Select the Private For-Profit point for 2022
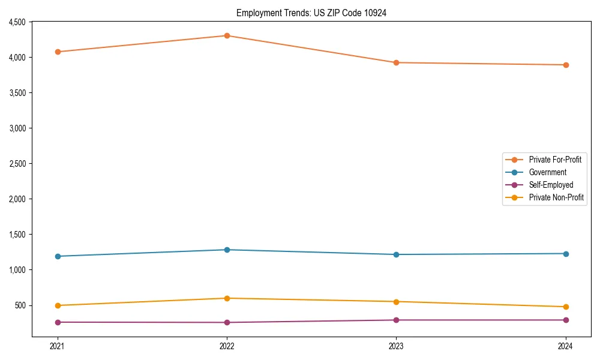click(x=227, y=35)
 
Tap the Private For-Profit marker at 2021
click(x=58, y=52)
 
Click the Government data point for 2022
click(x=227, y=250)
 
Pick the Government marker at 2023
click(x=396, y=254)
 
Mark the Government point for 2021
click(x=58, y=256)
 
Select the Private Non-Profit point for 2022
click(x=227, y=298)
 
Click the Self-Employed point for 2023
click(x=396, y=320)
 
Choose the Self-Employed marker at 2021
click(x=58, y=322)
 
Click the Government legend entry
click(x=547, y=172)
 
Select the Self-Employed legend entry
click(x=551, y=185)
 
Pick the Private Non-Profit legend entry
click(x=556, y=197)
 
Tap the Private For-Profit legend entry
click(x=555, y=160)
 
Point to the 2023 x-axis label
click(x=396, y=346)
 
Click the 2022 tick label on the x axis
click(x=227, y=346)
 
